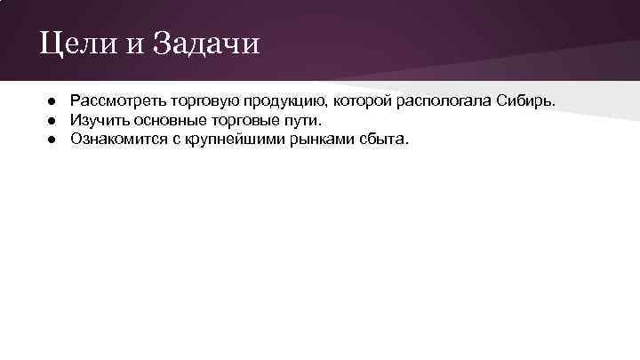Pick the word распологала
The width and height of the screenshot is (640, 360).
(446, 100)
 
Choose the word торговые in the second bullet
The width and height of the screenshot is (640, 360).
(239, 119)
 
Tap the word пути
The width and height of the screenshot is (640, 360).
(300, 119)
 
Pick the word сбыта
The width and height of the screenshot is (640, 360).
(381, 139)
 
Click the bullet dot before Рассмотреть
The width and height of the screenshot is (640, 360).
(53, 100)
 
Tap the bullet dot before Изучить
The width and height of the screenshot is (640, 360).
(53, 119)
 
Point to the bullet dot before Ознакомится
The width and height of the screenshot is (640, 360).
(53, 139)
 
